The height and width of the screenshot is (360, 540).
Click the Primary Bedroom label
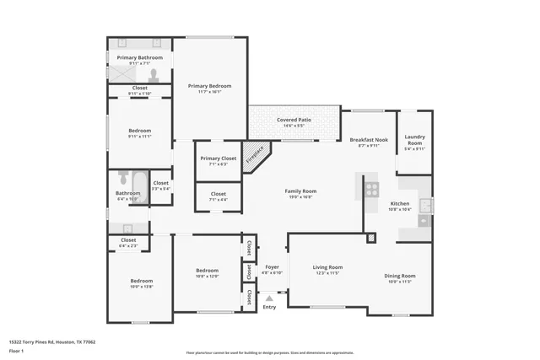pyautogui.click(x=209, y=86)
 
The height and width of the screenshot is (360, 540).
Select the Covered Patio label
pyautogui.click(x=294, y=121)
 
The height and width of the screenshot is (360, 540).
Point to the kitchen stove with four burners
pyautogui.click(x=371, y=189)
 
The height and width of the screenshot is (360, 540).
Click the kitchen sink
pyautogui.click(x=425, y=206)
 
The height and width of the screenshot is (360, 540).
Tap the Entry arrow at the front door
pyautogui.click(x=269, y=298)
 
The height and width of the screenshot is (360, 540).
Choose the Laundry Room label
pyautogui.click(x=414, y=140)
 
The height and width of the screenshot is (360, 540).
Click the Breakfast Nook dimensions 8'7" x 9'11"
pyautogui.click(x=369, y=146)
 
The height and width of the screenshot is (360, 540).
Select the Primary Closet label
pyautogui.click(x=218, y=159)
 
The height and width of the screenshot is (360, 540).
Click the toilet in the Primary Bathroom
pyautogui.click(x=153, y=73)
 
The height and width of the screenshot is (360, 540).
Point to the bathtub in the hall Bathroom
pyautogui.click(x=123, y=179)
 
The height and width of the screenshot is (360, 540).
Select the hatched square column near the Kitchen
pyautogui.click(x=370, y=239)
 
